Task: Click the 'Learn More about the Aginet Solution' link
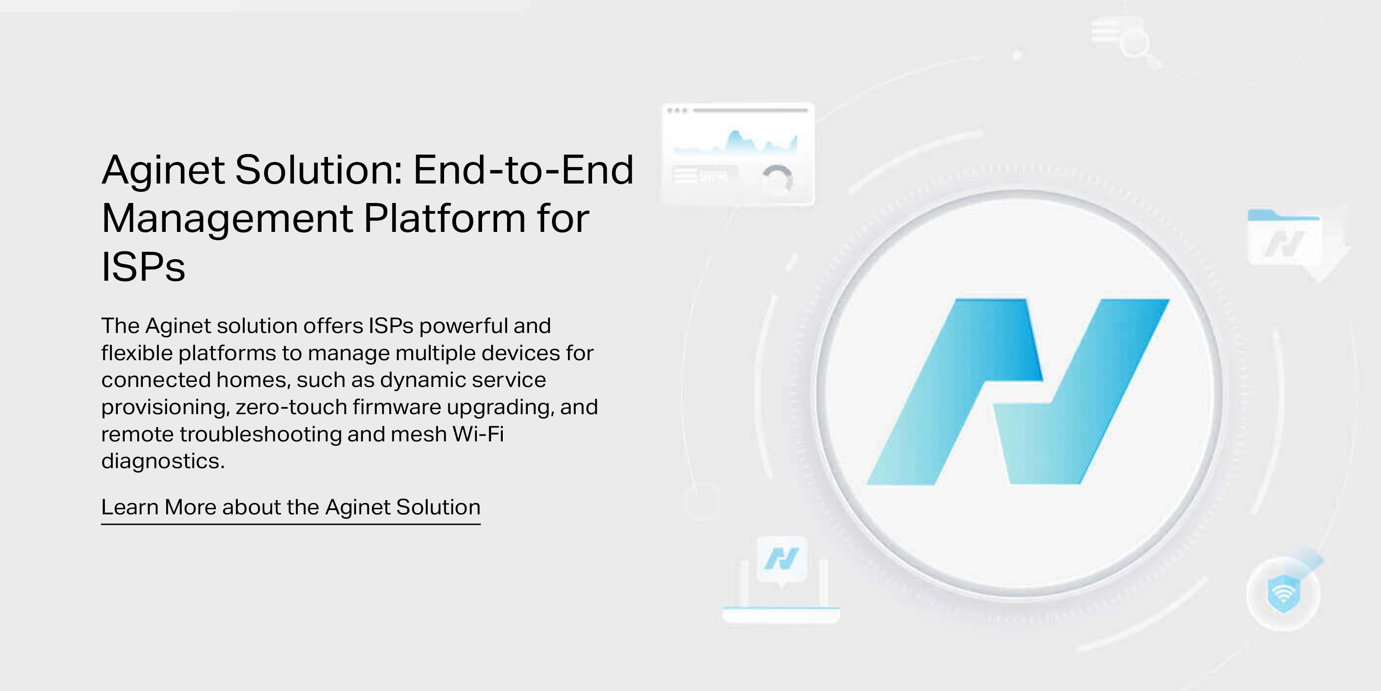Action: (290, 507)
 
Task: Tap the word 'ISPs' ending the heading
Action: (143, 266)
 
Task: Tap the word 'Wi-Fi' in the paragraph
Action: (478, 434)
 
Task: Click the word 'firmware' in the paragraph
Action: (397, 407)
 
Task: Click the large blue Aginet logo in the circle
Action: (1018, 392)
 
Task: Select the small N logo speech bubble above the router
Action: (782, 560)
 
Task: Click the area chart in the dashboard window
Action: (735, 142)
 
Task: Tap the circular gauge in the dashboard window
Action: (777, 179)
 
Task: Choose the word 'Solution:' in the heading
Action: (319, 170)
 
